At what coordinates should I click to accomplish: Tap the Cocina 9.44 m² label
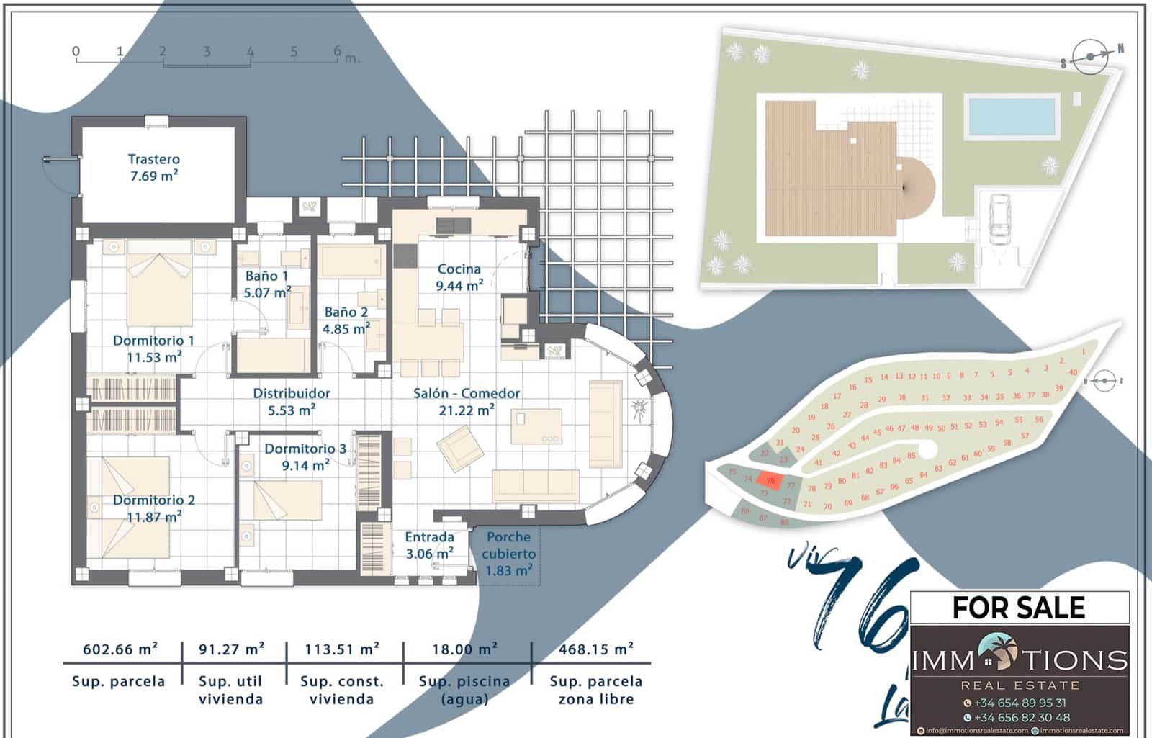(459, 277)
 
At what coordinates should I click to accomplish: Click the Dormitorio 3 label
(305, 456)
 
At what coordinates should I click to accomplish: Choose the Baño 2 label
(346, 320)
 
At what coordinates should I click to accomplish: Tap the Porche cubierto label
(508, 554)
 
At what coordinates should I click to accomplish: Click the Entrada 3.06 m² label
(429, 545)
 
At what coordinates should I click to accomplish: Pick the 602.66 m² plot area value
(120, 649)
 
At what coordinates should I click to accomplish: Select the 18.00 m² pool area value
(464, 649)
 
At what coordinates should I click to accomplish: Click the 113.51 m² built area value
(341, 649)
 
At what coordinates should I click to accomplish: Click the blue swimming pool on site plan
(1012, 115)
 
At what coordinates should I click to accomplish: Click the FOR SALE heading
(1018, 608)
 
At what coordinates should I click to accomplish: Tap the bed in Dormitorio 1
(159, 284)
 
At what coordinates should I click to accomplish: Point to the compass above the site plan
(1090, 57)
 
